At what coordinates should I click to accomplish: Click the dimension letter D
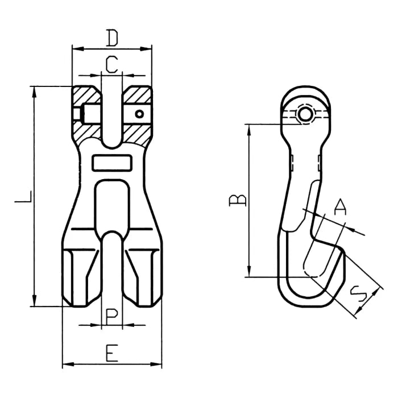112,38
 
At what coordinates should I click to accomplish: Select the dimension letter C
112,64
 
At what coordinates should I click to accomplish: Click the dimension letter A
339,208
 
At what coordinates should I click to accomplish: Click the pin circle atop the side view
305,115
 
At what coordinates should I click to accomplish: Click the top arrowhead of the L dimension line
35,90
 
